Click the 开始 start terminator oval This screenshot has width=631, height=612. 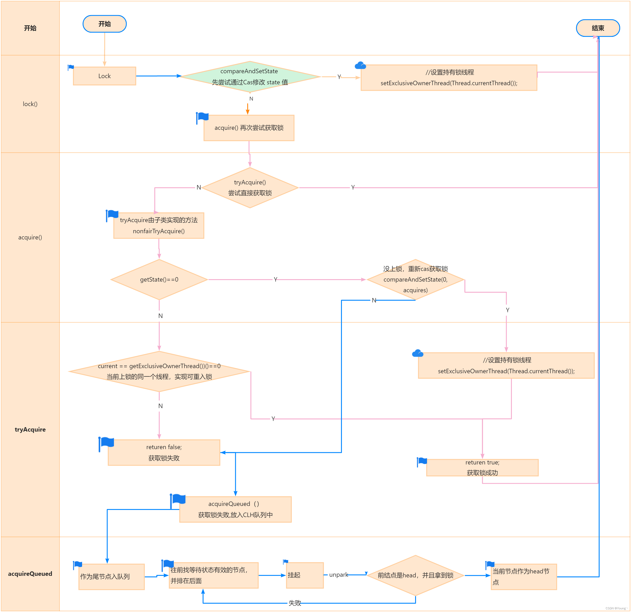(105, 24)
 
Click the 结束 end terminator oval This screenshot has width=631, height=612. (598, 28)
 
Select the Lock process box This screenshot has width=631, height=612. (105, 76)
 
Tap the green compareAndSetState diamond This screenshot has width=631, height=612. (250, 77)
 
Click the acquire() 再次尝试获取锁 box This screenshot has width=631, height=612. (249, 128)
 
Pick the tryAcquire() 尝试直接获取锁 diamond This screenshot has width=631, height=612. (250, 188)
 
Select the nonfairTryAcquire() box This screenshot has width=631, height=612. (159, 225)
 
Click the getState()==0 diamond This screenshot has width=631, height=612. (159, 279)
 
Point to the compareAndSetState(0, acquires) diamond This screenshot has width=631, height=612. (415, 279)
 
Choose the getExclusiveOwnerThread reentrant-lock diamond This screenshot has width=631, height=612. (159, 371)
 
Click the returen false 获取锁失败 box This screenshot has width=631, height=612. (164, 452)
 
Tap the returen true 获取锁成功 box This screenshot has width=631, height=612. (482, 468)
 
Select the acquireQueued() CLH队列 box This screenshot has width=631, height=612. (235, 509)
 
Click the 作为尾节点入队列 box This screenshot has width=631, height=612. (111, 576)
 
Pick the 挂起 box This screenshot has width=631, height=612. (305, 575)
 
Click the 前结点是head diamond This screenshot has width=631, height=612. (415, 575)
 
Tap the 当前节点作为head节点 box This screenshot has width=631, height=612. (524, 576)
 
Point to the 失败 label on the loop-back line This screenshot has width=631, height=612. (295, 603)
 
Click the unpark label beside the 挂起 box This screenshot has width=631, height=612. (339, 575)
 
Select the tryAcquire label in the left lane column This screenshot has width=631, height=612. (30, 429)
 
